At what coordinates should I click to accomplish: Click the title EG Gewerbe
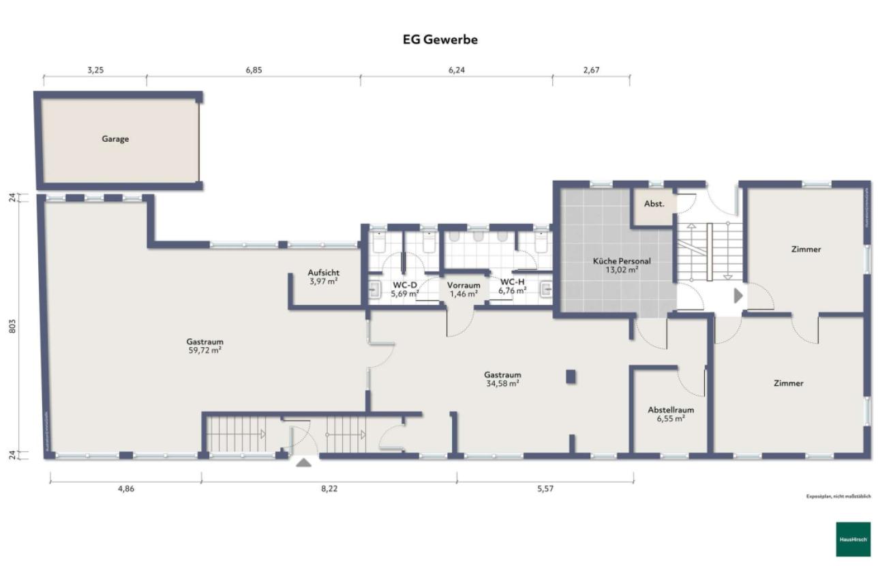click(440, 40)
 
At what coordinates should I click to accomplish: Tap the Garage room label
click(115, 139)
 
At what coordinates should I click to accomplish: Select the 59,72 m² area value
click(204, 350)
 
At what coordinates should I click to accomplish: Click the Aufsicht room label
click(324, 273)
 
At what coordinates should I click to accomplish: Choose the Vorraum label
click(464, 285)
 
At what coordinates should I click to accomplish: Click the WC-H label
click(512, 282)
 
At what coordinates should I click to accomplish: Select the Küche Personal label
click(621, 261)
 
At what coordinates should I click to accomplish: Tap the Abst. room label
click(654, 203)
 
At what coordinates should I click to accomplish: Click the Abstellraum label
click(671, 410)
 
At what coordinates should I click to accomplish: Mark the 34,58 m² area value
click(502, 383)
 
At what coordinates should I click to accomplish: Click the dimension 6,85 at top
click(254, 70)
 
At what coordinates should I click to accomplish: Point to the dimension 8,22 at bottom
click(329, 488)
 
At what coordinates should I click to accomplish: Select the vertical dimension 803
click(12, 327)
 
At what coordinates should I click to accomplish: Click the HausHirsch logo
click(853, 539)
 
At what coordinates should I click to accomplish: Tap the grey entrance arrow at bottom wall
click(303, 462)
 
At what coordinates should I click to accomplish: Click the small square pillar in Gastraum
click(571, 376)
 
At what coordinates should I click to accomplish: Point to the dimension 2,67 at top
click(591, 70)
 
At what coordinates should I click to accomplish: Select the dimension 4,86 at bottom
click(125, 488)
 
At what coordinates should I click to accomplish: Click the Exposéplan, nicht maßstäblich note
click(838, 496)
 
